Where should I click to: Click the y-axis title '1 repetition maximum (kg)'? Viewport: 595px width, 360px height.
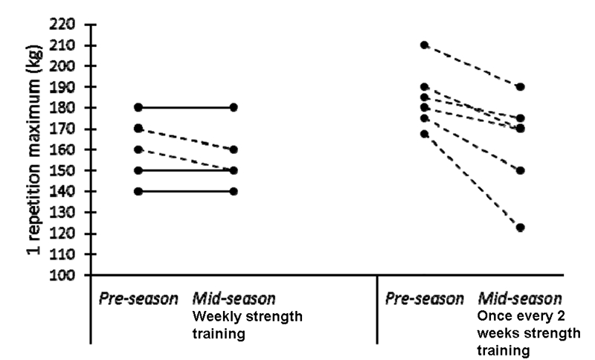coord(33,149)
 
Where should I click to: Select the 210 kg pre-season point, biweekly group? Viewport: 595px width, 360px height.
coord(425,45)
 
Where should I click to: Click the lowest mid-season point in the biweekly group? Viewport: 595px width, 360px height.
coord(521,228)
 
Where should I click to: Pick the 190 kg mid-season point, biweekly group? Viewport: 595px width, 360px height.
coord(521,87)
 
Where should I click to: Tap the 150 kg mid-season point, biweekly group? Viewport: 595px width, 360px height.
coord(521,170)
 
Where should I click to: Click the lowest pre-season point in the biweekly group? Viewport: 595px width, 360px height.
coord(425,134)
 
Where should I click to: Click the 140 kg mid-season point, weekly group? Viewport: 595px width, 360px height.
coord(234,191)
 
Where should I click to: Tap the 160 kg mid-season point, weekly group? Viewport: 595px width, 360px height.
coord(234,150)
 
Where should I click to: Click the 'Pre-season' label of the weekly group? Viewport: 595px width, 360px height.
coord(138,300)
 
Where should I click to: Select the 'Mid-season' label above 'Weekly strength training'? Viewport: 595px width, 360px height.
coord(234,300)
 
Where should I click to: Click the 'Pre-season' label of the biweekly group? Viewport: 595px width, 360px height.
coord(425,300)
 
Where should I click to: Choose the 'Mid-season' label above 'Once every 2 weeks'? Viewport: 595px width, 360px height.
coord(520,300)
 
